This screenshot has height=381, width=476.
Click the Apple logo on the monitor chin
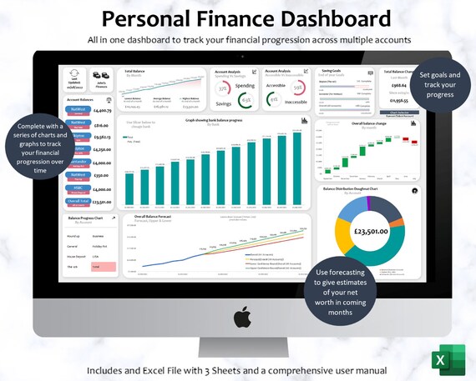coord(241,316)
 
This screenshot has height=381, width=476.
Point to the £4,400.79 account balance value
coord(102,110)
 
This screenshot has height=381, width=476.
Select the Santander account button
coord(78,163)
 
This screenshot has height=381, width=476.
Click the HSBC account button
coord(78,188)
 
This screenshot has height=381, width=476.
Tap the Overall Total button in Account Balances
coord(78,201)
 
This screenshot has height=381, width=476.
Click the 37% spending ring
coord(223,88)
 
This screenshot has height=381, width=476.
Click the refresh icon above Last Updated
coord(74,74)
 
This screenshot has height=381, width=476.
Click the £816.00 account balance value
coord(102,123)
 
